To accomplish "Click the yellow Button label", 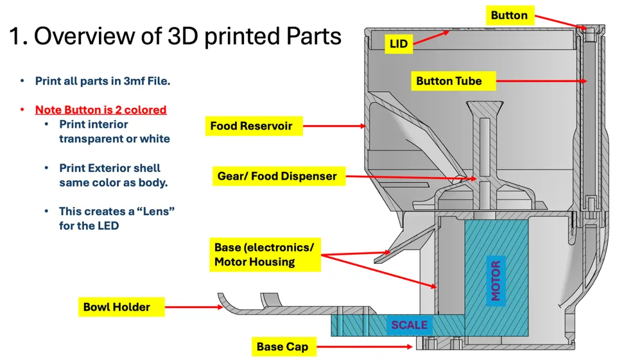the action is tap(509, 15).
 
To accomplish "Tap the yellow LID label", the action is tap(399, 44).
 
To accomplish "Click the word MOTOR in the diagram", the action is tap(496, 280).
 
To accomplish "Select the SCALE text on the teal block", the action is tap(409, 325).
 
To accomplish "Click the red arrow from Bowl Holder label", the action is tap(194, 307).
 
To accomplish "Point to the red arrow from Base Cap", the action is tap(365, 347).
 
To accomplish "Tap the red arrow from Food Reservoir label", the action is tap(334, 126).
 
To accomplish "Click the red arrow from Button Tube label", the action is tap(541, 81).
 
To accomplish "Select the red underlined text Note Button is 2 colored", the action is tap(101, 110).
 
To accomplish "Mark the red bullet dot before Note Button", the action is tap(22, 110).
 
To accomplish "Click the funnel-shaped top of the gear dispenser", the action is tap(485, 108).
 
